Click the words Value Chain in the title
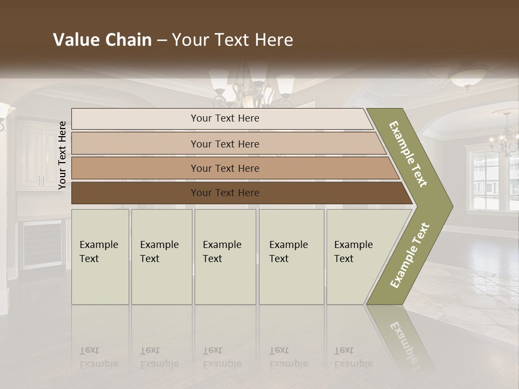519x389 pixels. tap(102, 40)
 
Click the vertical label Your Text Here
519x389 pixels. tap(62, 155)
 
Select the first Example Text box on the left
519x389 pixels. tap(100, 257)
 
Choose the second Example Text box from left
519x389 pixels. tap(162, 257)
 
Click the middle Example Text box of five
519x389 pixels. tap(225, 257)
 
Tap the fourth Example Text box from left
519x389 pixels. tap(291, 257)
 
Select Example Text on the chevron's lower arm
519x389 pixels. tap(409, 255)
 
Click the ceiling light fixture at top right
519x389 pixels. tap(468, 76)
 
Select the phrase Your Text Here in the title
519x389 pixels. tap(232, 40)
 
